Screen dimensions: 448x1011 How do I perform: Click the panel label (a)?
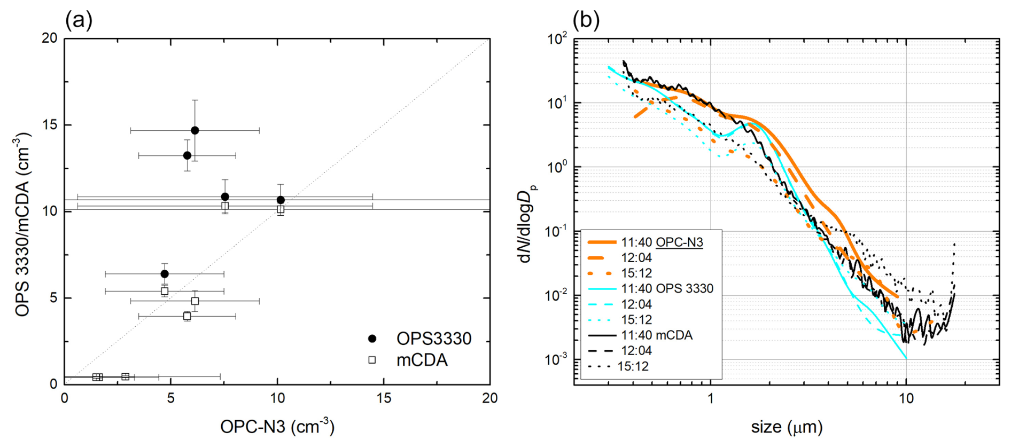(79, 20)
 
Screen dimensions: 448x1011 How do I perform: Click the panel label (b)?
(586, 20)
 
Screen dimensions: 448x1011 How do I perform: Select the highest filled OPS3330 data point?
(195, 130)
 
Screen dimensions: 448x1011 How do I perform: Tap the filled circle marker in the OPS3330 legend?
(372, 339)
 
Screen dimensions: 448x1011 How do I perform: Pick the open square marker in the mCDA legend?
(372, 360)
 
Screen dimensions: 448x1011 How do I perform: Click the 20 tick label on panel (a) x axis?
(489, 398)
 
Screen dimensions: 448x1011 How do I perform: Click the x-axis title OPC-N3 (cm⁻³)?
(277, 427)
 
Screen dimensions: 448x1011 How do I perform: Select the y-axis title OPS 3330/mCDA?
(22, 224)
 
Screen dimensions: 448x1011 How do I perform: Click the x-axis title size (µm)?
(787, 427)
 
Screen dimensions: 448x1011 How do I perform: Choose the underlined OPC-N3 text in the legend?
(679, 242)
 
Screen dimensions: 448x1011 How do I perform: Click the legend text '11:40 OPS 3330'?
(667, 289)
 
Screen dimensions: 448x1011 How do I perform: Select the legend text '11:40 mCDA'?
(657, 335)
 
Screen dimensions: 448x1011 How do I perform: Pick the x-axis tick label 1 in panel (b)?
(710, 398)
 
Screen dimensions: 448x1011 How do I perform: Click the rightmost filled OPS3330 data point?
(281, 200)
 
